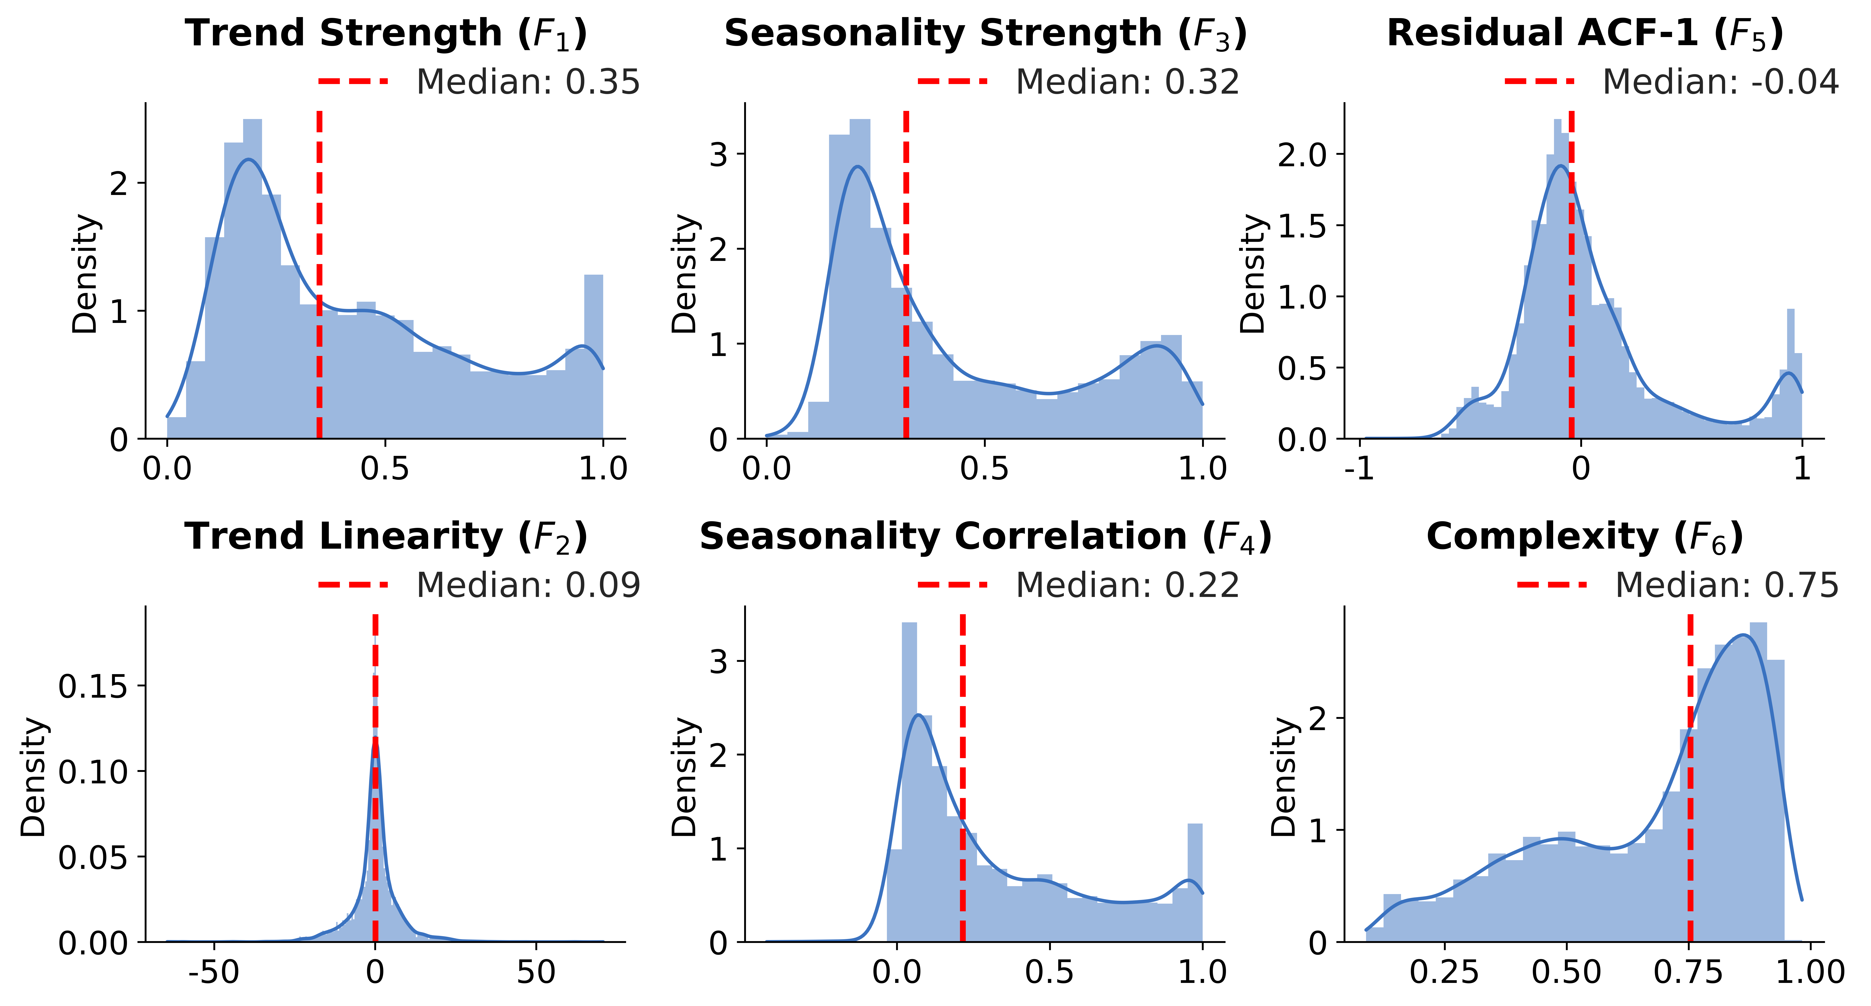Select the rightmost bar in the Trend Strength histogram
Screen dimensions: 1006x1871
coord(593,356)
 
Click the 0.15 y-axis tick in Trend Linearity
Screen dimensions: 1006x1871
coord(93,686)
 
